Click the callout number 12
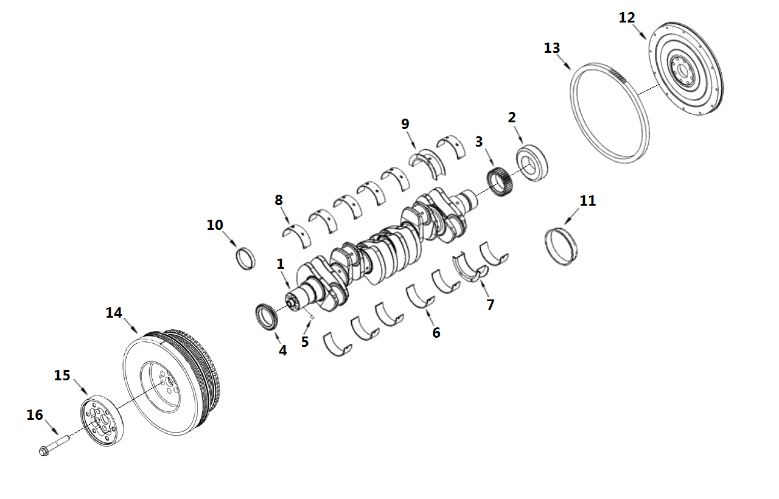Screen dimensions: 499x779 point(626,18)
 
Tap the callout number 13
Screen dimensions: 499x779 point(551,48)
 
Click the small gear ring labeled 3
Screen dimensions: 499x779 point(500,181)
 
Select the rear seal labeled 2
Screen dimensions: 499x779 point(533,162)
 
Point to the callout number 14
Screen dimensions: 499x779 point(114,313)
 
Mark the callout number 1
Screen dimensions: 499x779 point(281,264)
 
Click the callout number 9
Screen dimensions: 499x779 point(405,124)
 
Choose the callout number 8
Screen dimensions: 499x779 point(279,200)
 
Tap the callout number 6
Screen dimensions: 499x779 point(436,332)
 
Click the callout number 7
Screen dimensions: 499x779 point(491,304)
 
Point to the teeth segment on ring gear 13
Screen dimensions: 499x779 point(617,75)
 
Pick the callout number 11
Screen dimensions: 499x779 point(588,201)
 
